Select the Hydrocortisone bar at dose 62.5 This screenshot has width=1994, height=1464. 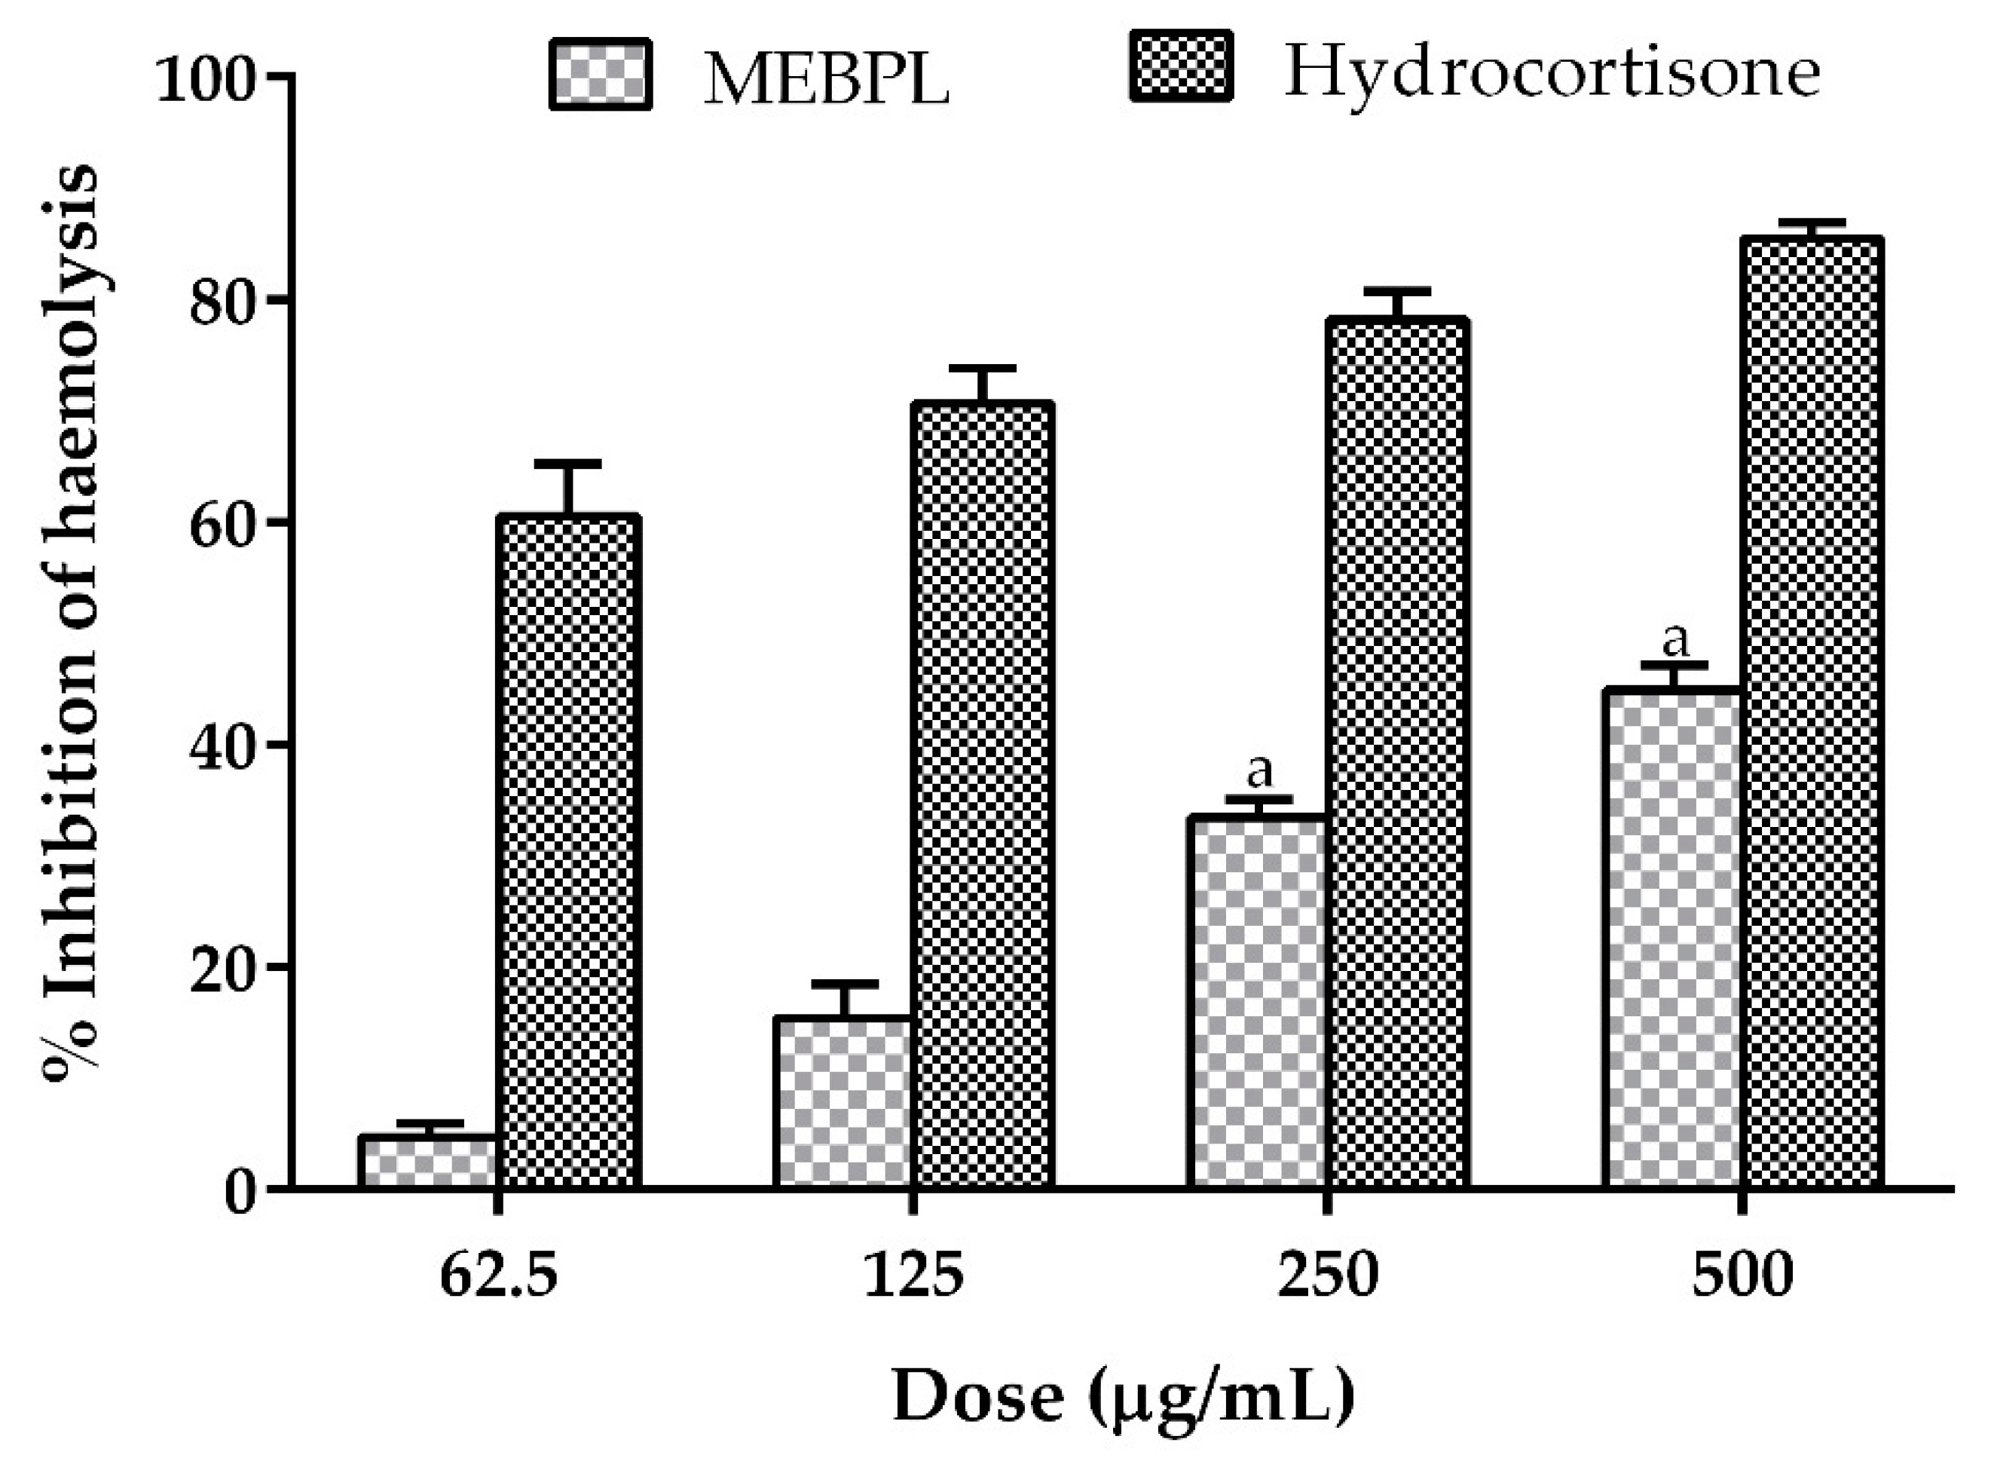[567, 851]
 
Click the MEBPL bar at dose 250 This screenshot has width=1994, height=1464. [1257, 1001]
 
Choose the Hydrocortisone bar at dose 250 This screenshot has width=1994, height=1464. [1397, 753]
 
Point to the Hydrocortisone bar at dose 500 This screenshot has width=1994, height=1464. [1812, 712]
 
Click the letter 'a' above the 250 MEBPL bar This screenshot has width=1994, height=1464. [1258, 771]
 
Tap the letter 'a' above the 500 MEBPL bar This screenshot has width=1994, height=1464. [1674, 639]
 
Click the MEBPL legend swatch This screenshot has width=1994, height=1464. [601, 75]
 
